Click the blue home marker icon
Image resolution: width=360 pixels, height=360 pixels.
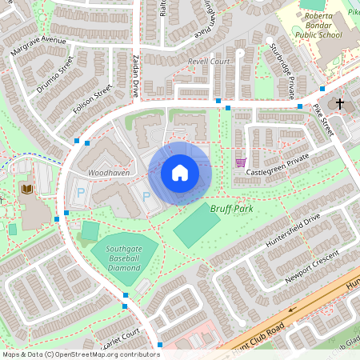tap(180, 173)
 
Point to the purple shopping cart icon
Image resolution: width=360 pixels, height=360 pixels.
tap(240, 162)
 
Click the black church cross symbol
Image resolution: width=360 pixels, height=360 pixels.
tap(339, 104)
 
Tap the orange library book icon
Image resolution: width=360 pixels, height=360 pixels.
tap(27, 189)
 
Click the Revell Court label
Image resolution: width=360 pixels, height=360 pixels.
tap(209, 61)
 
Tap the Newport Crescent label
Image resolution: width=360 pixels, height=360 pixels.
tap(313, 266)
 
